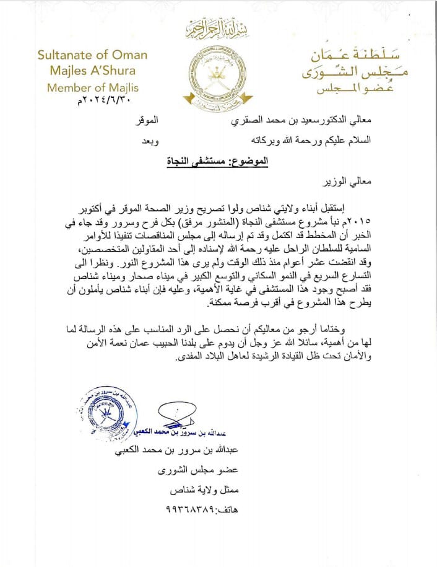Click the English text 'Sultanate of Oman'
92,54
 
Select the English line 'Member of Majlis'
93,87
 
